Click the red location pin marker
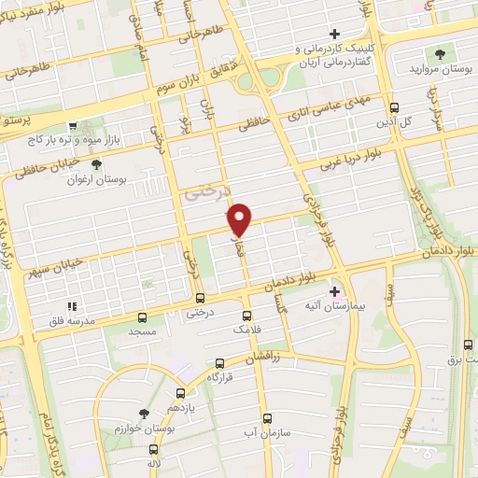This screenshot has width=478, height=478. tap(241, 218)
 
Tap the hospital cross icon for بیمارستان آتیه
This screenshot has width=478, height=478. tap(335, 292)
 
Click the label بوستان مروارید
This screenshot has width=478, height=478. tap(439, 69)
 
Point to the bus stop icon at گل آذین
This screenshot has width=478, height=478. tap(395, 107)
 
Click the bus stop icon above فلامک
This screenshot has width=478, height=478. tap(246, 316)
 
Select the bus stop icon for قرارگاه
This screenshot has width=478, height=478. tap(219, 363)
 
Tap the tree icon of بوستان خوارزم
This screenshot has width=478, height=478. tap(143, 413)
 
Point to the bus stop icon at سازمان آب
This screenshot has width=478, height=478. tap(267, 417)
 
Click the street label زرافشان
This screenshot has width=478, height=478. tap(266, 358)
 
